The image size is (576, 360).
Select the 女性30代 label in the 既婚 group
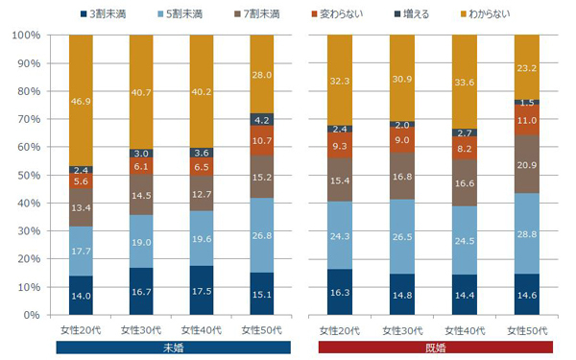(x=404, y=329)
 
